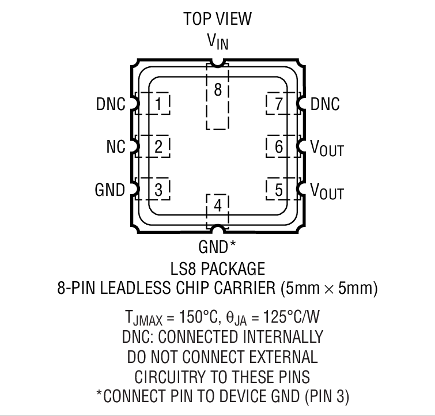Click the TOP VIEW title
218,19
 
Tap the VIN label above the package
218,41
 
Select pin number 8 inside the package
218,90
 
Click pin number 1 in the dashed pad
158,104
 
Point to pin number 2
158,147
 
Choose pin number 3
158,190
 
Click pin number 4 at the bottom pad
218,206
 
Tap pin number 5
279,190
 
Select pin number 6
279,147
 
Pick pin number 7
279,104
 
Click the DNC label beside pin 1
111,104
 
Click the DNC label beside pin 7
325,104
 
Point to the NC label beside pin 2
116,146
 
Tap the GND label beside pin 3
110,190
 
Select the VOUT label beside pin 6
327,148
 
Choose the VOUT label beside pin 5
327,191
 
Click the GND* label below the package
217,247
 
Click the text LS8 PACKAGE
218,268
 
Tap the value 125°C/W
291,316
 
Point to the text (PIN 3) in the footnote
327,396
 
